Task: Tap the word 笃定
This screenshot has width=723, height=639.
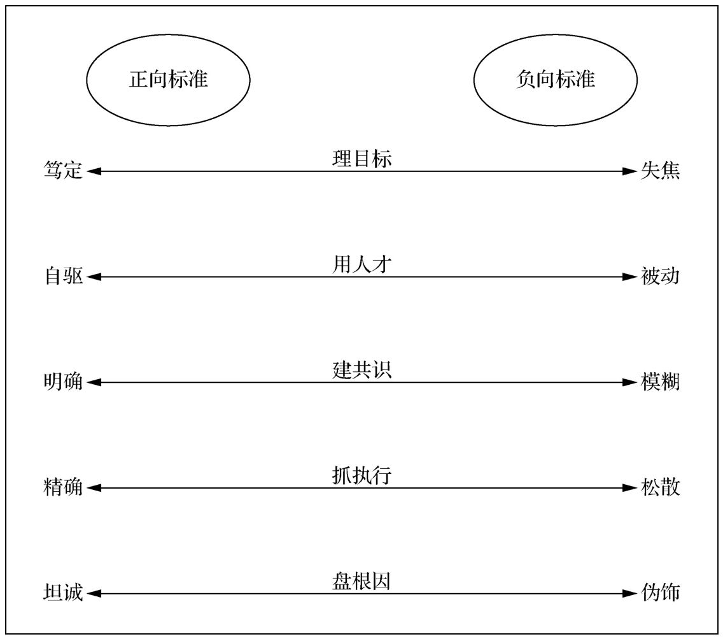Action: pyautogui.click(x=63, y=170)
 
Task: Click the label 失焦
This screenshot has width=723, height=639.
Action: pyautogui.click(x=660, y=170)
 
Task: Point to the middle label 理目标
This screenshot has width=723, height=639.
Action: pyautogui.click(x=362, y=159)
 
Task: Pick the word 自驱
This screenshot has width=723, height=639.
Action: pyautogui.click(x=63, y=276)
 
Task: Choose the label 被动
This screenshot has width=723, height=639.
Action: pyautogui.click(x=660, y=276)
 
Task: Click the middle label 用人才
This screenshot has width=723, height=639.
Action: pyautogui.click(x=362, y=264)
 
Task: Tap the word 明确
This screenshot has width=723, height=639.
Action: pyautogui.click(x=63, y=382)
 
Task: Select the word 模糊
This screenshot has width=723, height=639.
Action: pyautogui.click(x=660, y=382)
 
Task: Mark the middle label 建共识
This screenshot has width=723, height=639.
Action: pyautogui.click(x=362, y=370)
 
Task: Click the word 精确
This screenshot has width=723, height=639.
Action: pyautogui.click(x=63, y=487)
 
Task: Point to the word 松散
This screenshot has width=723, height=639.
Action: pyautogui.click(x=660, y=487)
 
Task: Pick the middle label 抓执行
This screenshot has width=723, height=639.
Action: pyautogui.click(x=362, y=475)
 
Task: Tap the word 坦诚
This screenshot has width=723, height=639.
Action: pyautogui.click(x=63, y=592)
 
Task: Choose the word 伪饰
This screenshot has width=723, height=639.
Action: pyautogui.click(x=660, y=592)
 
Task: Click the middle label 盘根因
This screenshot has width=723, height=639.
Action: pyautogui.click(x=362, y=581)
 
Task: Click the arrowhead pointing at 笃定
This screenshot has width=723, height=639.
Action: pyautogui.click(x=94, y=171)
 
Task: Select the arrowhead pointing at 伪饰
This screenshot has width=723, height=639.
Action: pyautogui.click(x=630, y=593)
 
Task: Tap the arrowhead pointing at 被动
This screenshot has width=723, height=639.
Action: pyautogui.click(x=630, y=277)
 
